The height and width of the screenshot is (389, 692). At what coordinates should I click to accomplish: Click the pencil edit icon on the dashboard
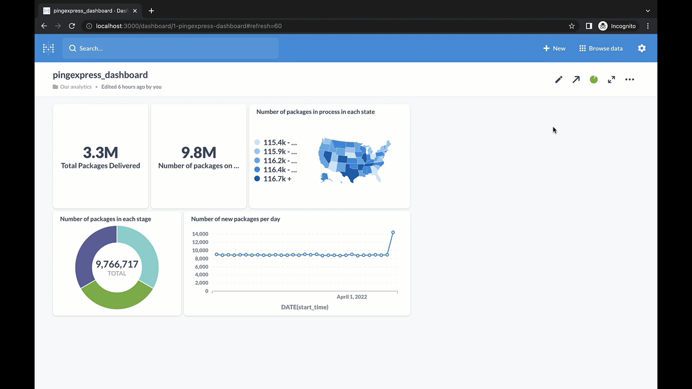[x=558, y=79]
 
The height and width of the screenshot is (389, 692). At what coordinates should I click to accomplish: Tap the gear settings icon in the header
[x=642, y=48]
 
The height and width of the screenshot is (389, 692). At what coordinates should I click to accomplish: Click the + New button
[x=554, y=48]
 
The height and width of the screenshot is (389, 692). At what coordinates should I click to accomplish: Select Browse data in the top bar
[x=601, y=48]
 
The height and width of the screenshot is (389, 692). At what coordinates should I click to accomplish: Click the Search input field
[x=170, y=48]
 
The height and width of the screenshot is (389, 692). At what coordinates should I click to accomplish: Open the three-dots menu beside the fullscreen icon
[x=629, y=79]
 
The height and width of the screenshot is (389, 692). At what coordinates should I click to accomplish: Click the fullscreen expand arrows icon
[x=611, y=79]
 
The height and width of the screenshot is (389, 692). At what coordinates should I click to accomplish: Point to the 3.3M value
[x=101, y=152]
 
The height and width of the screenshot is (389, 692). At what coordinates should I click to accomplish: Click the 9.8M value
[x=198, y=152]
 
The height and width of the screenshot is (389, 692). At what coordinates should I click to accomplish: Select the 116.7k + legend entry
[x=277, y=179]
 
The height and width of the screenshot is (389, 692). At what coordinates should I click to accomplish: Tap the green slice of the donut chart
[x=117, y=297]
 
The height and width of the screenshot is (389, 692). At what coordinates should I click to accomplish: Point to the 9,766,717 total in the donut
[x=117, y=264]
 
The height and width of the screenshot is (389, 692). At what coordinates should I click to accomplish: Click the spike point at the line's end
[x=393, y=232]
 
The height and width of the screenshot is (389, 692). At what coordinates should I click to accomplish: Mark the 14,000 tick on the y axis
[x=199, y=234]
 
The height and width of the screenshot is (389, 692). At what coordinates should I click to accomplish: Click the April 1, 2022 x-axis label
[x=351, y=297]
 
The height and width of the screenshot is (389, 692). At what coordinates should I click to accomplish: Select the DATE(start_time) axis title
[x=304, y=307]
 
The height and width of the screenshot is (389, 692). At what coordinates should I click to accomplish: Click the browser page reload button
[x=72, y=26]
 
